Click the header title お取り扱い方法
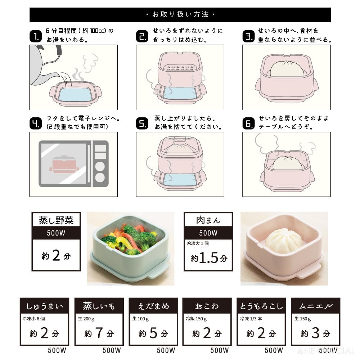180,15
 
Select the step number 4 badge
35,123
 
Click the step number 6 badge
248,123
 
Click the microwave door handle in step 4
90,164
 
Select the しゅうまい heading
44,306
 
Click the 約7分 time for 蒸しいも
99,333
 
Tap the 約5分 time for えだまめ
153,333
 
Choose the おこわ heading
207,306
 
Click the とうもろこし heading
261,306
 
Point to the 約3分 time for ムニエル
315,333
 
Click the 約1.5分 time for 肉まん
209,258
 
